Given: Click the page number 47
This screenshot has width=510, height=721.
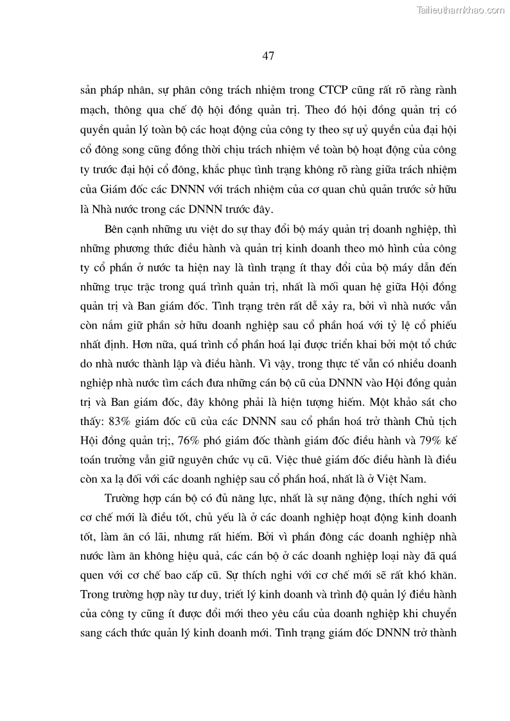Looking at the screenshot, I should (x=268, y=56).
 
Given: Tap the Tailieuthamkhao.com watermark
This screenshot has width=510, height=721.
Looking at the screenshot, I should (x=461, y=10).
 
